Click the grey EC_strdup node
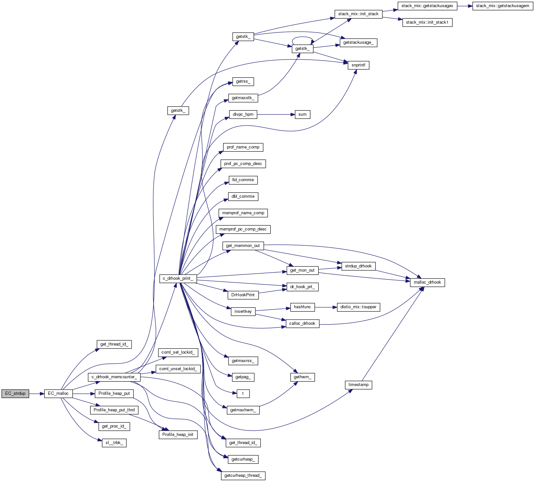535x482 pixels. [15, 394]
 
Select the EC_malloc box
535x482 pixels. [58, 394]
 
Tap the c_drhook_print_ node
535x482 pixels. [178, 278]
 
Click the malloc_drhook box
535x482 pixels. [427, 282]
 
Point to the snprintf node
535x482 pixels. [358, 65]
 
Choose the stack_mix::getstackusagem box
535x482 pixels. [502, 6]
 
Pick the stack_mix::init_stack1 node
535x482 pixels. [427, 22]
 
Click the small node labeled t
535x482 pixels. [243, 394]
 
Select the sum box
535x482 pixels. [302, 114]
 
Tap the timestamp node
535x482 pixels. [358, 385]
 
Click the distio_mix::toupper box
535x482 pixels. [358, 307]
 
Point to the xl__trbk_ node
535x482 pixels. [114, 443]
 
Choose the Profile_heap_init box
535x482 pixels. [178, 435]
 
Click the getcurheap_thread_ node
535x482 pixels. [243, 476]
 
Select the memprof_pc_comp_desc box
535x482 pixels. [243, 229]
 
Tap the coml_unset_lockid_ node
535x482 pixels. [178, 369]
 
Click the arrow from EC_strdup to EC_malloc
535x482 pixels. [37, 394]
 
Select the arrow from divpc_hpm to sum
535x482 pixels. [276, 114]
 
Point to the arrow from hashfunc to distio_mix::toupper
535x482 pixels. [326, 307]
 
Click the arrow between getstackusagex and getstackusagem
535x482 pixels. [465, 6]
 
